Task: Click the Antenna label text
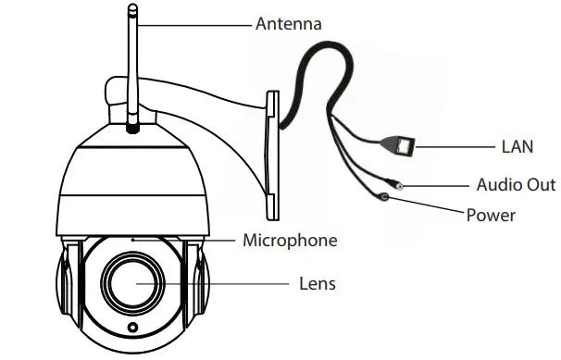tap(288, 23)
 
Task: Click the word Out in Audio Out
tap(541, 184)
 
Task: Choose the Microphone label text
tap(289, 241)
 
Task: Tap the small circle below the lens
tap(132, 329)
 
